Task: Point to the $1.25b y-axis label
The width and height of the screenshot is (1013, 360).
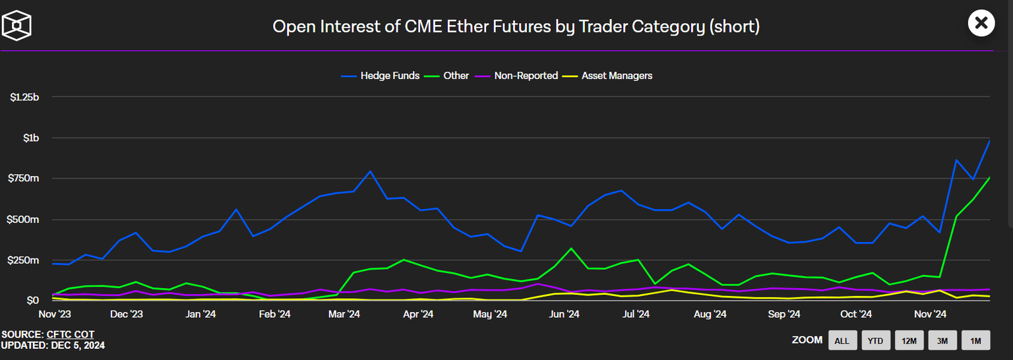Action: click(25, 98)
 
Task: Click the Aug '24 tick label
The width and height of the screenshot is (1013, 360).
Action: click(710, 315)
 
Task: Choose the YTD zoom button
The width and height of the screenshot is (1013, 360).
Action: click(875, 340)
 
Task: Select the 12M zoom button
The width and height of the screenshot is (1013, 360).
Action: click(909, 340)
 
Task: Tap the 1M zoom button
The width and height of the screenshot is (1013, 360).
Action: click(976, 340)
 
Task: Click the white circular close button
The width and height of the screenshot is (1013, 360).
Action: click(981, 24)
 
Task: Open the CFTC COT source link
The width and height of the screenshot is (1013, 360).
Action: click(71, 335)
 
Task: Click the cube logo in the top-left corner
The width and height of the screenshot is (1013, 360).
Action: click(17, 24)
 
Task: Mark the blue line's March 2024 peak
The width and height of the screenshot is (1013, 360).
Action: click(370, 171)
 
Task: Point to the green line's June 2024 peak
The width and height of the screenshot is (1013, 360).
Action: click(571, 249)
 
